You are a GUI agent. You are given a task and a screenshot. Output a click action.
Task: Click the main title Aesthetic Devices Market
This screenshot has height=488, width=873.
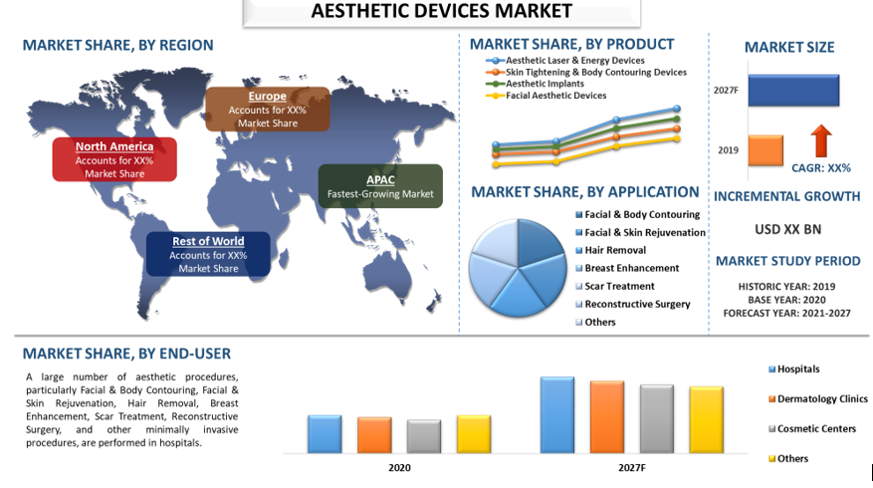point(442,11)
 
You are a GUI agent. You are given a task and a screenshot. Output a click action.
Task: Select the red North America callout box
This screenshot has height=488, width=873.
point(114,159)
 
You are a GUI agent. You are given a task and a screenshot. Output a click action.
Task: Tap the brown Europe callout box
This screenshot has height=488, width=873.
point(268,109)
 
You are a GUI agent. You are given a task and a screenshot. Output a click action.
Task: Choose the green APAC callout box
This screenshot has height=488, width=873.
point(380,186)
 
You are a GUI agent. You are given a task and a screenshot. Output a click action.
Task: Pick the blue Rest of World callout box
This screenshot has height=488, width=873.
point(207,254)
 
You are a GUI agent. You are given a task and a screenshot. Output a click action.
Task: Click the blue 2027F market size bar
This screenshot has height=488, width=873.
point(792,90)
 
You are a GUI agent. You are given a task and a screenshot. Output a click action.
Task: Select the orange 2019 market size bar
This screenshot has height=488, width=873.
point(765,150)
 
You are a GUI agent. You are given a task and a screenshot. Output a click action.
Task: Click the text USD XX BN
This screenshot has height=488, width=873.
point(788,229)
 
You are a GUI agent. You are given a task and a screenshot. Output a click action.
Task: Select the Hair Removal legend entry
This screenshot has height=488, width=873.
point(614,250)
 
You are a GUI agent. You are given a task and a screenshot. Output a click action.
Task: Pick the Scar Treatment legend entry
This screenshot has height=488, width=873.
point(619,286)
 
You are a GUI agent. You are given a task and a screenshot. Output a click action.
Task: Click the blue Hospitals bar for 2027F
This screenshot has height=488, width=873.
point(556,414)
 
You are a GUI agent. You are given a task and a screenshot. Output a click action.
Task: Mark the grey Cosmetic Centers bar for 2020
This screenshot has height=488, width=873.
point(424,435)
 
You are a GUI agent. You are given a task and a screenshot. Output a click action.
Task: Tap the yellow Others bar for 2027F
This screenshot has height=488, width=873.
point(706,419)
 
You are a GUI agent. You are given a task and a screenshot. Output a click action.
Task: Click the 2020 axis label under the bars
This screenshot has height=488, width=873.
point(399,467)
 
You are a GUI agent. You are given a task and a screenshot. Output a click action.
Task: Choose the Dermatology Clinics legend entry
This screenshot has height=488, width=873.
point(821,399)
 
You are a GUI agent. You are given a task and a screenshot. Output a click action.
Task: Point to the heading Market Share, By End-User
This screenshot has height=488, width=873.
point(126,353)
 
